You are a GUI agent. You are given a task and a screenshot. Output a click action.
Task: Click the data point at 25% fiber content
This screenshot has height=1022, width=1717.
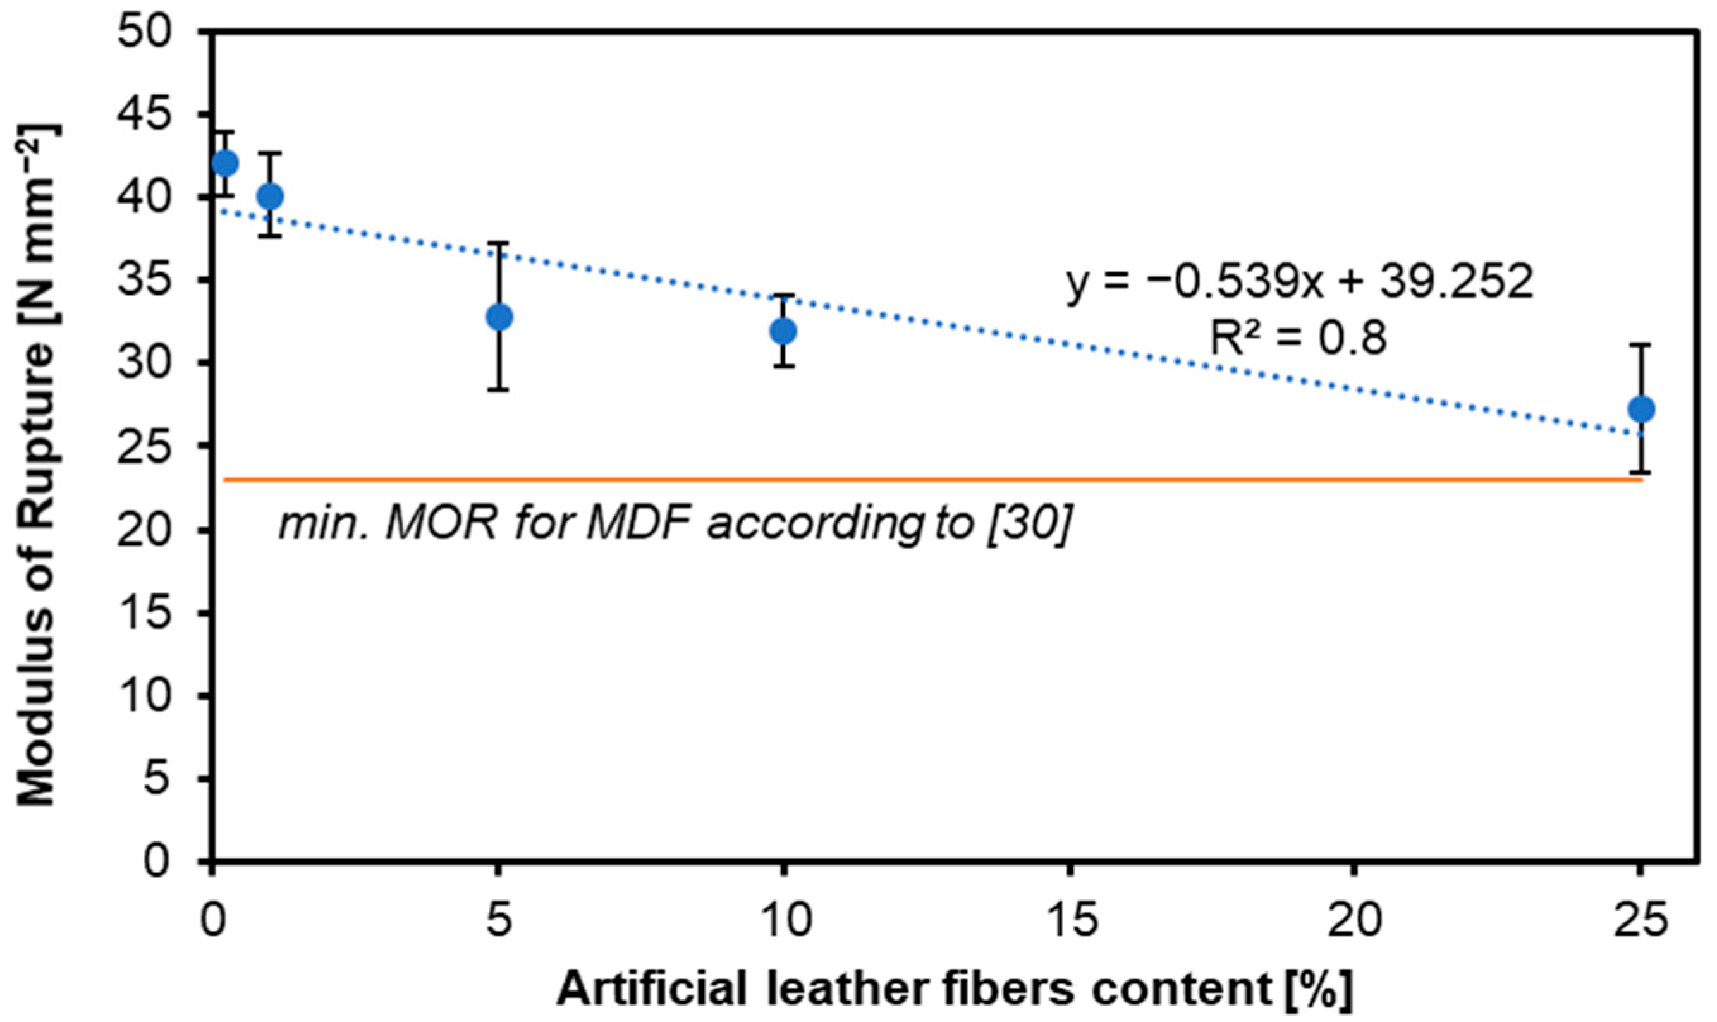pyautogui.click(x=1641, y=409)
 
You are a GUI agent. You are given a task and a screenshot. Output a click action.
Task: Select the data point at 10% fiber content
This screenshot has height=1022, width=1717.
pyautogui.click(x=783, y=331)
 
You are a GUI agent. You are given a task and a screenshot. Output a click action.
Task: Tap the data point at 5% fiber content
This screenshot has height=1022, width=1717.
pyautogui.click(x=499, y=317)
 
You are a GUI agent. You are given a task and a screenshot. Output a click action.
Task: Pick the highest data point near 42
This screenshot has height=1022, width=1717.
pyautogui.click(x=225, y=163)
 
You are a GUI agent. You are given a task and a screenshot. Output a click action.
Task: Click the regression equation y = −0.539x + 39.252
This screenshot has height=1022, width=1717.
pyautogui.click(x=1300, y=283)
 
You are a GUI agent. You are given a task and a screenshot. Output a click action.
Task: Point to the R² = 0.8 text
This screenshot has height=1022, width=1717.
pyautogui.click(x=1299, y=338)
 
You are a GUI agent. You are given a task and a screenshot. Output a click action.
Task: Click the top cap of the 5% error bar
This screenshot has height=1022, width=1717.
pyautogui.click(x=498, y=243)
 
